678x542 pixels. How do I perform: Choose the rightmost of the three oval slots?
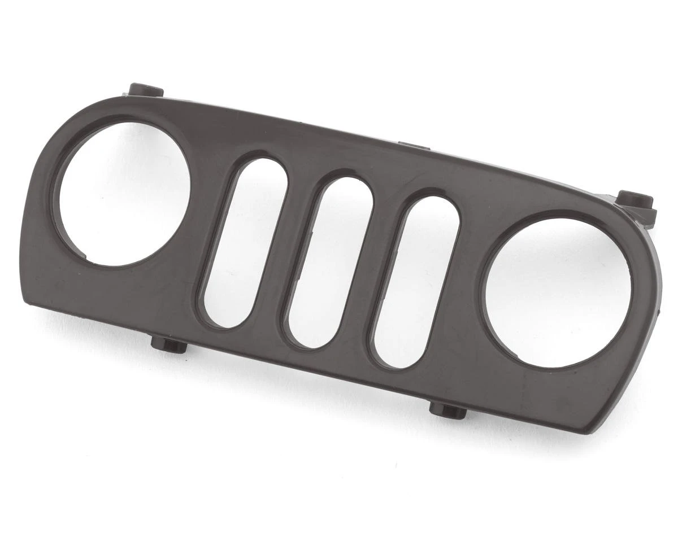[417, 282]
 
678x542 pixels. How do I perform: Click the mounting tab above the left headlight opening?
[146, 90]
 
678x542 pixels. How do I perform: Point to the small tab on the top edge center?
[414, 146]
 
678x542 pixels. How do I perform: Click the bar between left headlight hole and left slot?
[206, 226]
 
